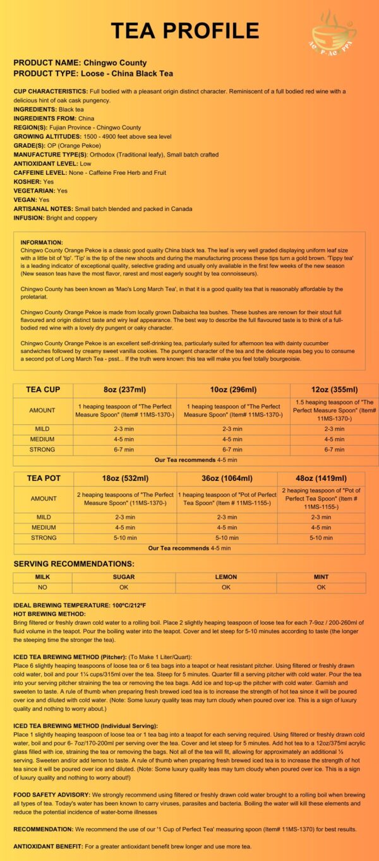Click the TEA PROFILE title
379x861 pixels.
tap(185, 30)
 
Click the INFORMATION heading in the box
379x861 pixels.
tap(42, 242)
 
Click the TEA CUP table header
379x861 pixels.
tap(42, 390)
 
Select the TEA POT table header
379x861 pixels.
tap(42, 478)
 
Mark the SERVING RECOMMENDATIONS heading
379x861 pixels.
tap(73, 563)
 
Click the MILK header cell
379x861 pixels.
tap(42, 577)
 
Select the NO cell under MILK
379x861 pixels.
tap(42, 587)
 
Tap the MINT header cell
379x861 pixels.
tap(321, 577)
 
